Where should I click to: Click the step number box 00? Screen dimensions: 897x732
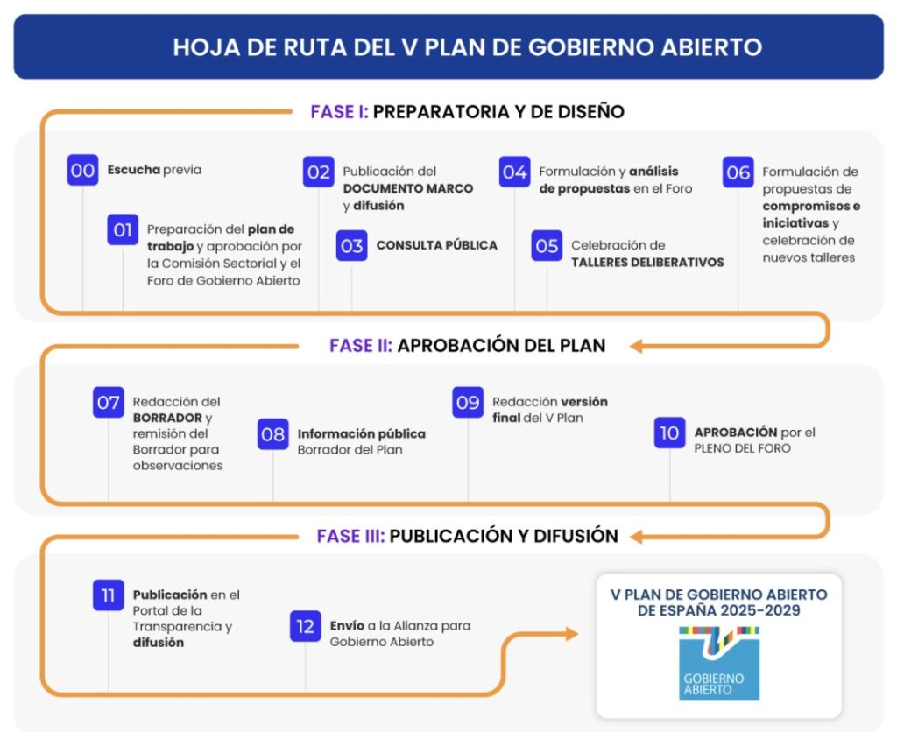coord(82,170)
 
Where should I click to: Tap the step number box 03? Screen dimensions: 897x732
coord(352,245)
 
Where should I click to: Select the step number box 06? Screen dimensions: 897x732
coord(738,172)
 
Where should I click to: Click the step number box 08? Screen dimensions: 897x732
coord(273,434)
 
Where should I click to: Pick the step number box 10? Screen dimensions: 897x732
coord(669,433)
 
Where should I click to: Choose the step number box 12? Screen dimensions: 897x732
coord(306,626)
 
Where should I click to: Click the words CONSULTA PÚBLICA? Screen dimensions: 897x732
coord(436,245)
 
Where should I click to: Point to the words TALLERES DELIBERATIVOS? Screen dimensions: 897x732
coord(647,263)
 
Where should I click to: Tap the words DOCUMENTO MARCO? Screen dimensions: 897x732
coord(408,189)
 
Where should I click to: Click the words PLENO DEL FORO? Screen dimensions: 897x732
coord(743,448)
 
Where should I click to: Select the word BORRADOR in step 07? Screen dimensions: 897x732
coord(167,418)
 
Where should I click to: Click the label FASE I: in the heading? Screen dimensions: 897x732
coord(339,111)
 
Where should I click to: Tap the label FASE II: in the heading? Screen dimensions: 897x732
coord(361,345)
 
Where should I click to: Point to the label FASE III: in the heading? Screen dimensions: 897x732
coord(350,536)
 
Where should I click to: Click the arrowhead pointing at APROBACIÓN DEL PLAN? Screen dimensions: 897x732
coord(636,346)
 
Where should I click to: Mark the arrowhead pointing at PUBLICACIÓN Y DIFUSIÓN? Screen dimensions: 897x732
coord(636,537)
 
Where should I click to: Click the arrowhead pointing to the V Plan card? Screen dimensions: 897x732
coord(572,634)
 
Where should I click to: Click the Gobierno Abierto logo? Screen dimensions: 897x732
coord(719,664)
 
